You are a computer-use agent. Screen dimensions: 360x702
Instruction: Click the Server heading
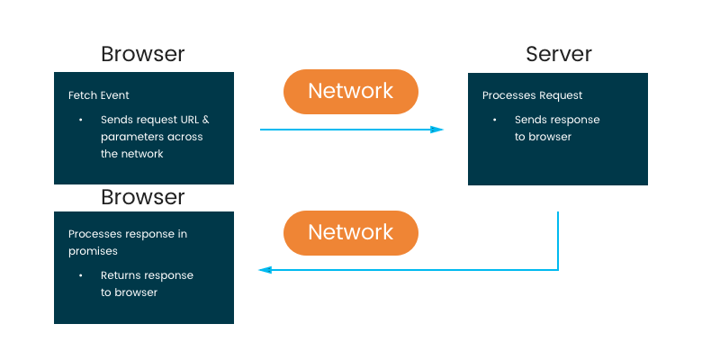[x=559, y=54]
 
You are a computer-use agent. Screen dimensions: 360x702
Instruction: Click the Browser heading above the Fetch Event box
[x=143, y=54]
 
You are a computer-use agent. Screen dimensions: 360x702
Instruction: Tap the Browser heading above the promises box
[x=143, y=196]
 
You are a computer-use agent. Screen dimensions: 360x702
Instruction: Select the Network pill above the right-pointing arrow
[x=351, y=91]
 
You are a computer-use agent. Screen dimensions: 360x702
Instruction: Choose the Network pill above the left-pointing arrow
[x=351, y=232]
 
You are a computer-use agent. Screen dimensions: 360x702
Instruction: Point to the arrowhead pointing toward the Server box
[x=436, y=130]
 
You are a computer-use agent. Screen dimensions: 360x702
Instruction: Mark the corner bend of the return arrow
[x=558, y=269]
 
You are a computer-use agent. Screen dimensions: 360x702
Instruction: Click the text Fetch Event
[x=99, y=95]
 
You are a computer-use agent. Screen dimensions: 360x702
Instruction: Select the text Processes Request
[x=532, y=95]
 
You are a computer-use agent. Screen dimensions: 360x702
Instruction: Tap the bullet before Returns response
[x=80, y=275]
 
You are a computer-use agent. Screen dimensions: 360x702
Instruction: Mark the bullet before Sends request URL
[x=80, y=120]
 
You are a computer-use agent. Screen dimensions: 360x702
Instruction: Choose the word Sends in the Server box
[x=530, y=120]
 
